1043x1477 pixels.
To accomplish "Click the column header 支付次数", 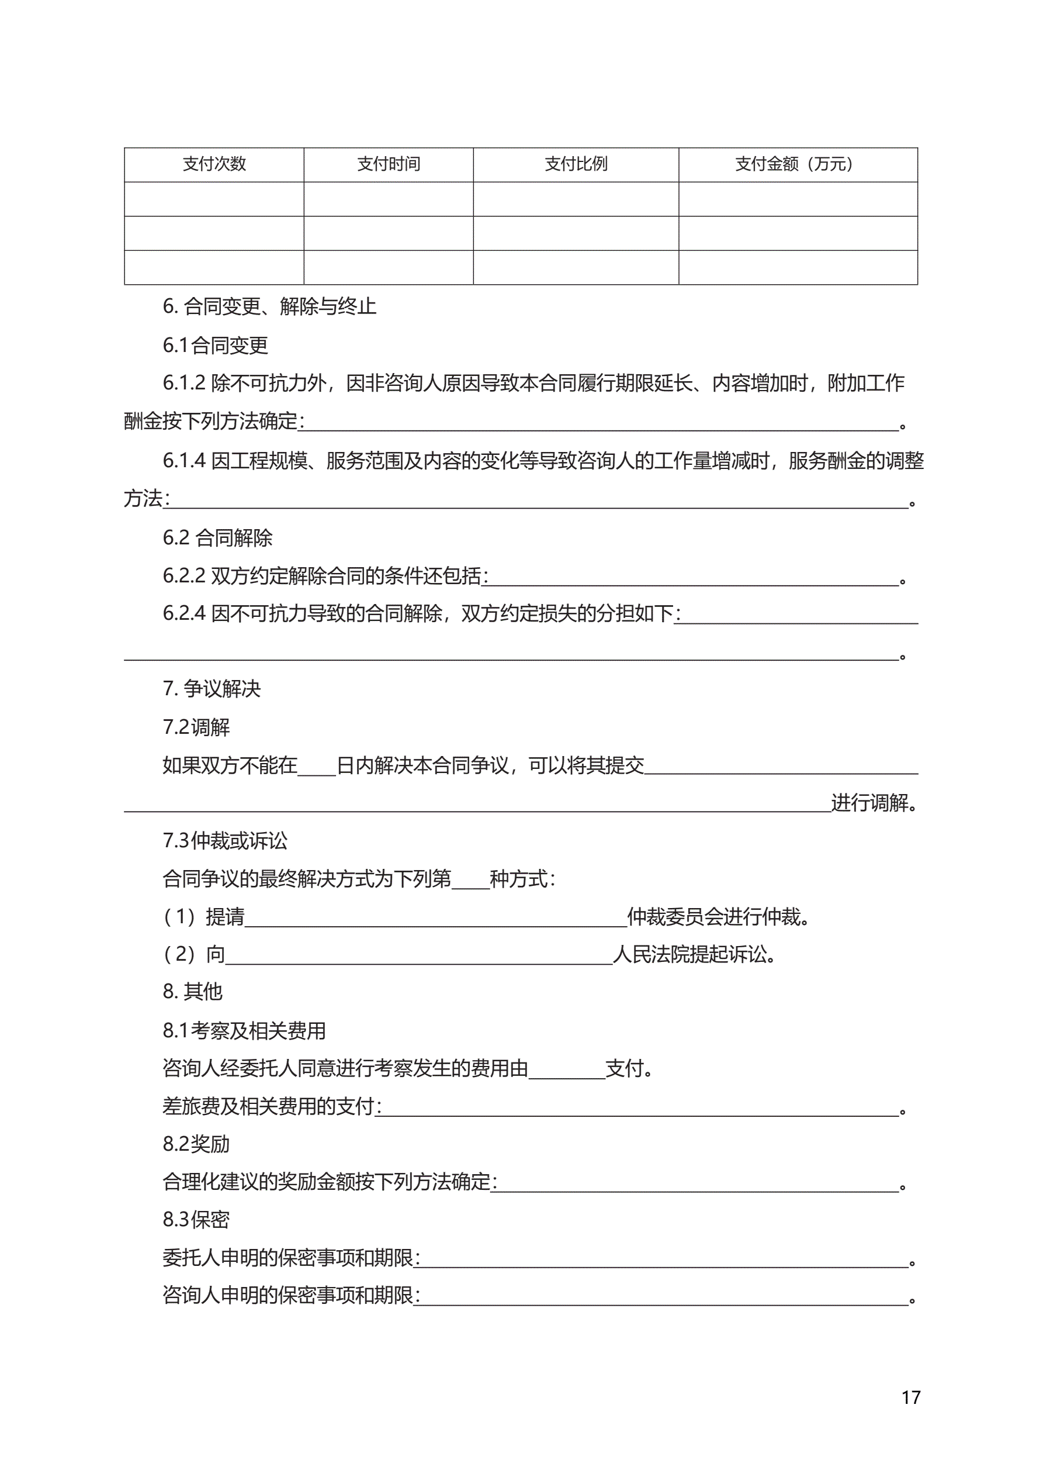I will click(214, 164).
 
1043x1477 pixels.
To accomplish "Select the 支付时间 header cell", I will click(389, 164).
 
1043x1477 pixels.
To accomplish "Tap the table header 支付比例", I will click(576, 164).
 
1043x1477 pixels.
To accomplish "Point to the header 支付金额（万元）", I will click(798, 164).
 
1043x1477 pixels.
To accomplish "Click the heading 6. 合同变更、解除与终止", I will click(269, 306).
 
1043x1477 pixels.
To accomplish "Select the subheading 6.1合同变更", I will click(216, 346).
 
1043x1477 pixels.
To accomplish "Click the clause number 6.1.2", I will click(184, 384).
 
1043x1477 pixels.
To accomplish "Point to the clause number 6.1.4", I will click(184, 461).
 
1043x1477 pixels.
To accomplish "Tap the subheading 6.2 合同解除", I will click(217, 538).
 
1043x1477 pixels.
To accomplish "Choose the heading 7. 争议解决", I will click(212, 689).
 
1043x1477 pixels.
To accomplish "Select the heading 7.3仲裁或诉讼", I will click(225, 841).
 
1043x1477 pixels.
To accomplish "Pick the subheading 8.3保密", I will click(196, 1220).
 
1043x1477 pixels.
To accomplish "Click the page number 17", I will click(910, 1397).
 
